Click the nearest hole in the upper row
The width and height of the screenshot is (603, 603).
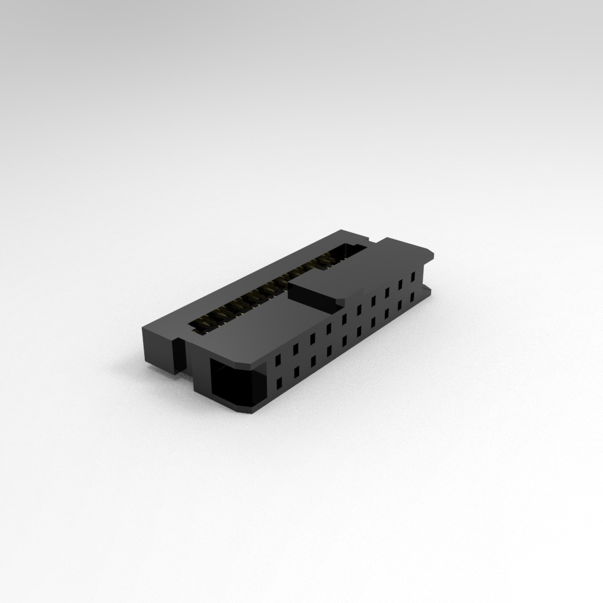pyautogui.click(x=278, y=359)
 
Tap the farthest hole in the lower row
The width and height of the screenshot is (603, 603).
pyautogui.click(x=412, y=297)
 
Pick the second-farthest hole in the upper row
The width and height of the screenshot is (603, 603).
pyautogui.click(x=400, y=284)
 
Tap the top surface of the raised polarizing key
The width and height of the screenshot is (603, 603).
pyautogui.click(x=318, y=288)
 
